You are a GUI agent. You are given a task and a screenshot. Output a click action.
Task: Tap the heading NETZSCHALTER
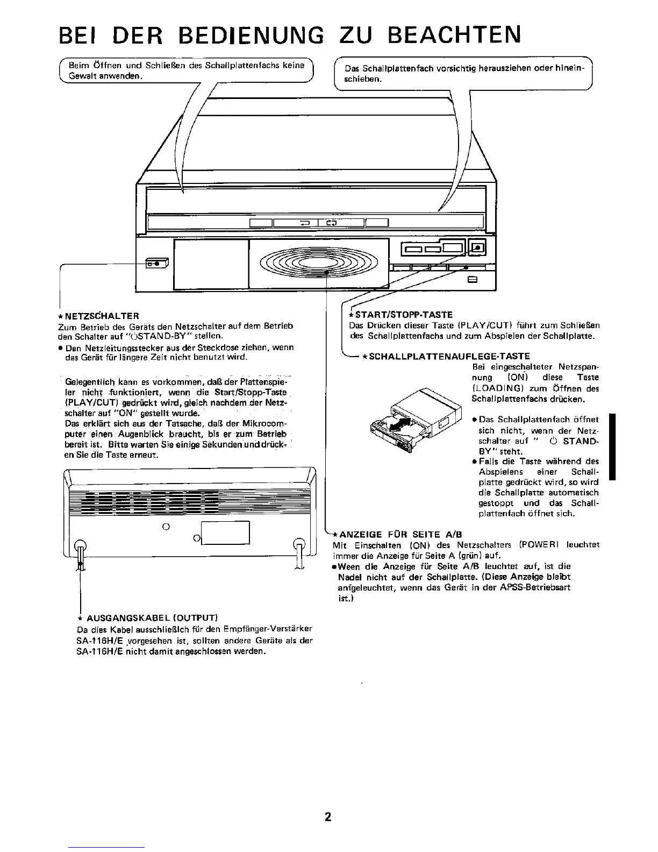click(102, 316)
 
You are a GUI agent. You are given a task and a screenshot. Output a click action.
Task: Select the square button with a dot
click(478, 248)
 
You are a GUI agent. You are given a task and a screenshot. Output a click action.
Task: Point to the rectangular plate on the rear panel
click(225, 534)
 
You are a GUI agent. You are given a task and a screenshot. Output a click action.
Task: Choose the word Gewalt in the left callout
click(80, 76)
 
